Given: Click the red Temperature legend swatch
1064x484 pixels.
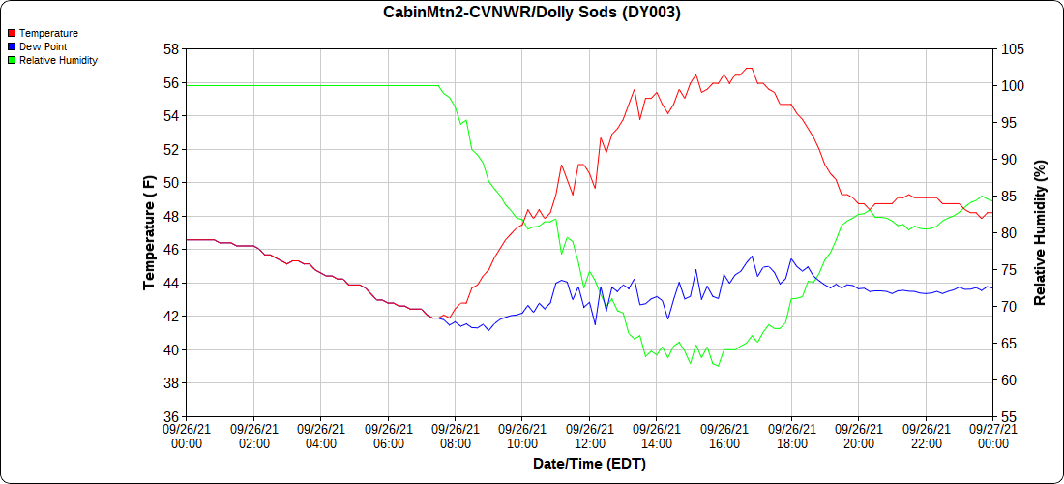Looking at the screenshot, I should click(11, 33).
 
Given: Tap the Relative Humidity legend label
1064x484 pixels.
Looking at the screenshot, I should click(58, 60).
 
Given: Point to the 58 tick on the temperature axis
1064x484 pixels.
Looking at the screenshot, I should click(170, 49).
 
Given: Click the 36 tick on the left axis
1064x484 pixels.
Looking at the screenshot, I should click(170, 416).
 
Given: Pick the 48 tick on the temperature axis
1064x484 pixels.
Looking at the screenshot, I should click(170, 216).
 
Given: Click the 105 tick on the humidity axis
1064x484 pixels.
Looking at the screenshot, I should click(1011, 49).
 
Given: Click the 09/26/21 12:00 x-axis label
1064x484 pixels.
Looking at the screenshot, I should click(589, 436).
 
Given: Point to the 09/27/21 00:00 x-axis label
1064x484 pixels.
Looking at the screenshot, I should click(992, 436).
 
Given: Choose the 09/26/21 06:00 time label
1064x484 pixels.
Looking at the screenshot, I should click(388, 436).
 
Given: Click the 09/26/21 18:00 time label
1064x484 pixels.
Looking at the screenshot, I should click(791, 436).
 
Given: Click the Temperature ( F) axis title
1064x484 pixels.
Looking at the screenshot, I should click(149, 232).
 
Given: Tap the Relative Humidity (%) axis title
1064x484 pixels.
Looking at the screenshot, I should click(1040, 232).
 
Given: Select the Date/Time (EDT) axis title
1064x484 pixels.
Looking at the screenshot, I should click(589, 464).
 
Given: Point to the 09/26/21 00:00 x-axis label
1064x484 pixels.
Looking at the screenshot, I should click(187, 436).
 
